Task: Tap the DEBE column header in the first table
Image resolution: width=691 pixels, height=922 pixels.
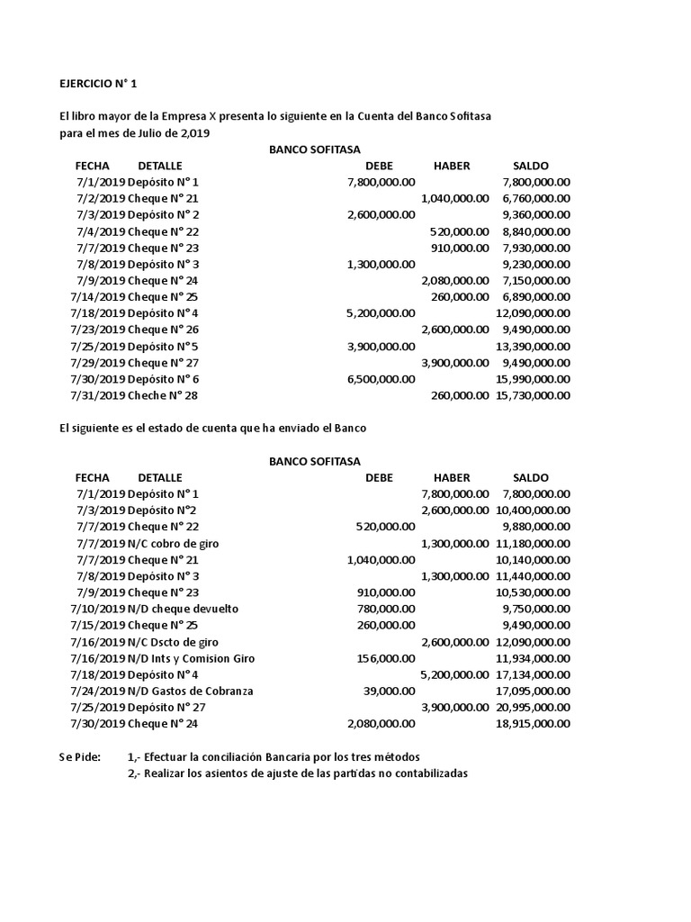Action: click(379, 166)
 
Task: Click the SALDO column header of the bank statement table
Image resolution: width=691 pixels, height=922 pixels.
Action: click(530, 477)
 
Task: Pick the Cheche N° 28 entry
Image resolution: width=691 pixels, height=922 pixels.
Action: click(163, 396)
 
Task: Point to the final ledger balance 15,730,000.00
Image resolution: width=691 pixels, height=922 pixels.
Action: click(533, 396)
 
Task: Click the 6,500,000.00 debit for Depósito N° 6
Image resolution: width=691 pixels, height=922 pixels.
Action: click(381, 379)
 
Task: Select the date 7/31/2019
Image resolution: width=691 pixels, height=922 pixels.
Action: click(97, 396)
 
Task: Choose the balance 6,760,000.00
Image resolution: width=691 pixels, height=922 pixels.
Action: click(535, 198)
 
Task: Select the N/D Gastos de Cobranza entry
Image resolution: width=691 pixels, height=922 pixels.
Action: click(190, 691)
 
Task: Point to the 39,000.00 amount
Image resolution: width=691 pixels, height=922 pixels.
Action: click(389, 691)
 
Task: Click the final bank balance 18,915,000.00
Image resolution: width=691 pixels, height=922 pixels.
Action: click(533, 724)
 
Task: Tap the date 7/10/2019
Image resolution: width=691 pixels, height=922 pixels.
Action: click(97, 609)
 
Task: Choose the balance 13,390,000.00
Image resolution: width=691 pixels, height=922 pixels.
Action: click(533, 347)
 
